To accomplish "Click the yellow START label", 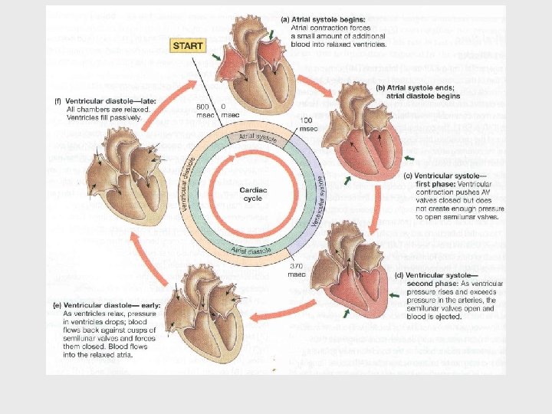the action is [x=188, y=46].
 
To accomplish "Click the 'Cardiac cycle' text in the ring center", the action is [x=251, y=193].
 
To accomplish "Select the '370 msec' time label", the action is [x=297, y=269].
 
